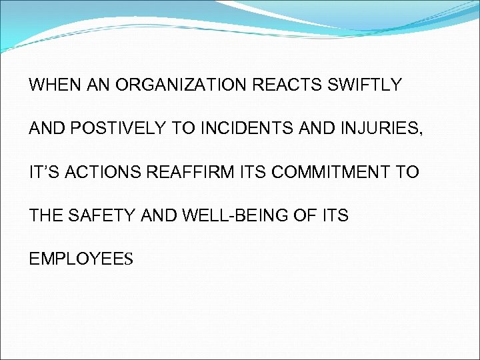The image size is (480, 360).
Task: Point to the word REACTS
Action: tap(279, 85)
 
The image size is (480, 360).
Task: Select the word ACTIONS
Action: tap(101, 172)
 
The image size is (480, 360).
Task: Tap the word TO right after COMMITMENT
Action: tap(407, 172)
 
